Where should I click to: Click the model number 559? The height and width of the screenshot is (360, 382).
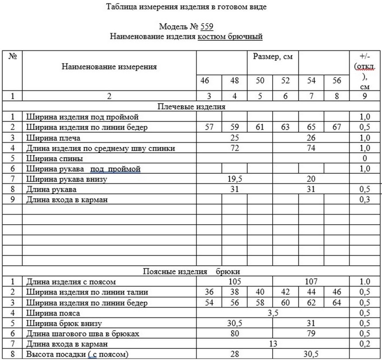click(207, 26)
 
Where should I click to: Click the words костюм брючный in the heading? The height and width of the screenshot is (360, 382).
click(230, 36)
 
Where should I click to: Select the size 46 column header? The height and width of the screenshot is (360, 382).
click(205, 80)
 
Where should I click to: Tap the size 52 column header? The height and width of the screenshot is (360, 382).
click(285, 80)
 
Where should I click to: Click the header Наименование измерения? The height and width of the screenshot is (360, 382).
click(109, 67)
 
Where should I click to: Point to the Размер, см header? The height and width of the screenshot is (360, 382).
click(273, 57)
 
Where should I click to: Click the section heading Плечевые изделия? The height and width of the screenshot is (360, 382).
click(191, 107)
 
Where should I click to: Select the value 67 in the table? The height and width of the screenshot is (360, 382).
click(336, 127)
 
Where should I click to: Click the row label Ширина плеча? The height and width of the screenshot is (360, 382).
click(53, 138)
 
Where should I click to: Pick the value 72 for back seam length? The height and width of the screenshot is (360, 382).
click(235, 148)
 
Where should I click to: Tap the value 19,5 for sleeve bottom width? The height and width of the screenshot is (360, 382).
click(235, 179)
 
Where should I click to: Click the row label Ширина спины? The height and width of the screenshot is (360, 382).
click(54, 158)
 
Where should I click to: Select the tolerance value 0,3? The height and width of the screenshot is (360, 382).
click(365, 200)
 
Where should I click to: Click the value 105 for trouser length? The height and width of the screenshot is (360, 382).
click(235, 281)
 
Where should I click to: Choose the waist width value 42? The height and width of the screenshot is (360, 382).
click(285, 292)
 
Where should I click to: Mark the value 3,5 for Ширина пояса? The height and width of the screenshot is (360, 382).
click(273, 313)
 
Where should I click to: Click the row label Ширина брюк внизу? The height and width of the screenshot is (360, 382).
click(64, 324)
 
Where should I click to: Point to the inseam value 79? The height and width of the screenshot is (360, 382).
click(311, 334)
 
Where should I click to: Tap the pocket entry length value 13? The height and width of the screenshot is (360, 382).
click(273, 344)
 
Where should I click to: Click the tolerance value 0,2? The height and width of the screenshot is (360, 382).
click(365, 344)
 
